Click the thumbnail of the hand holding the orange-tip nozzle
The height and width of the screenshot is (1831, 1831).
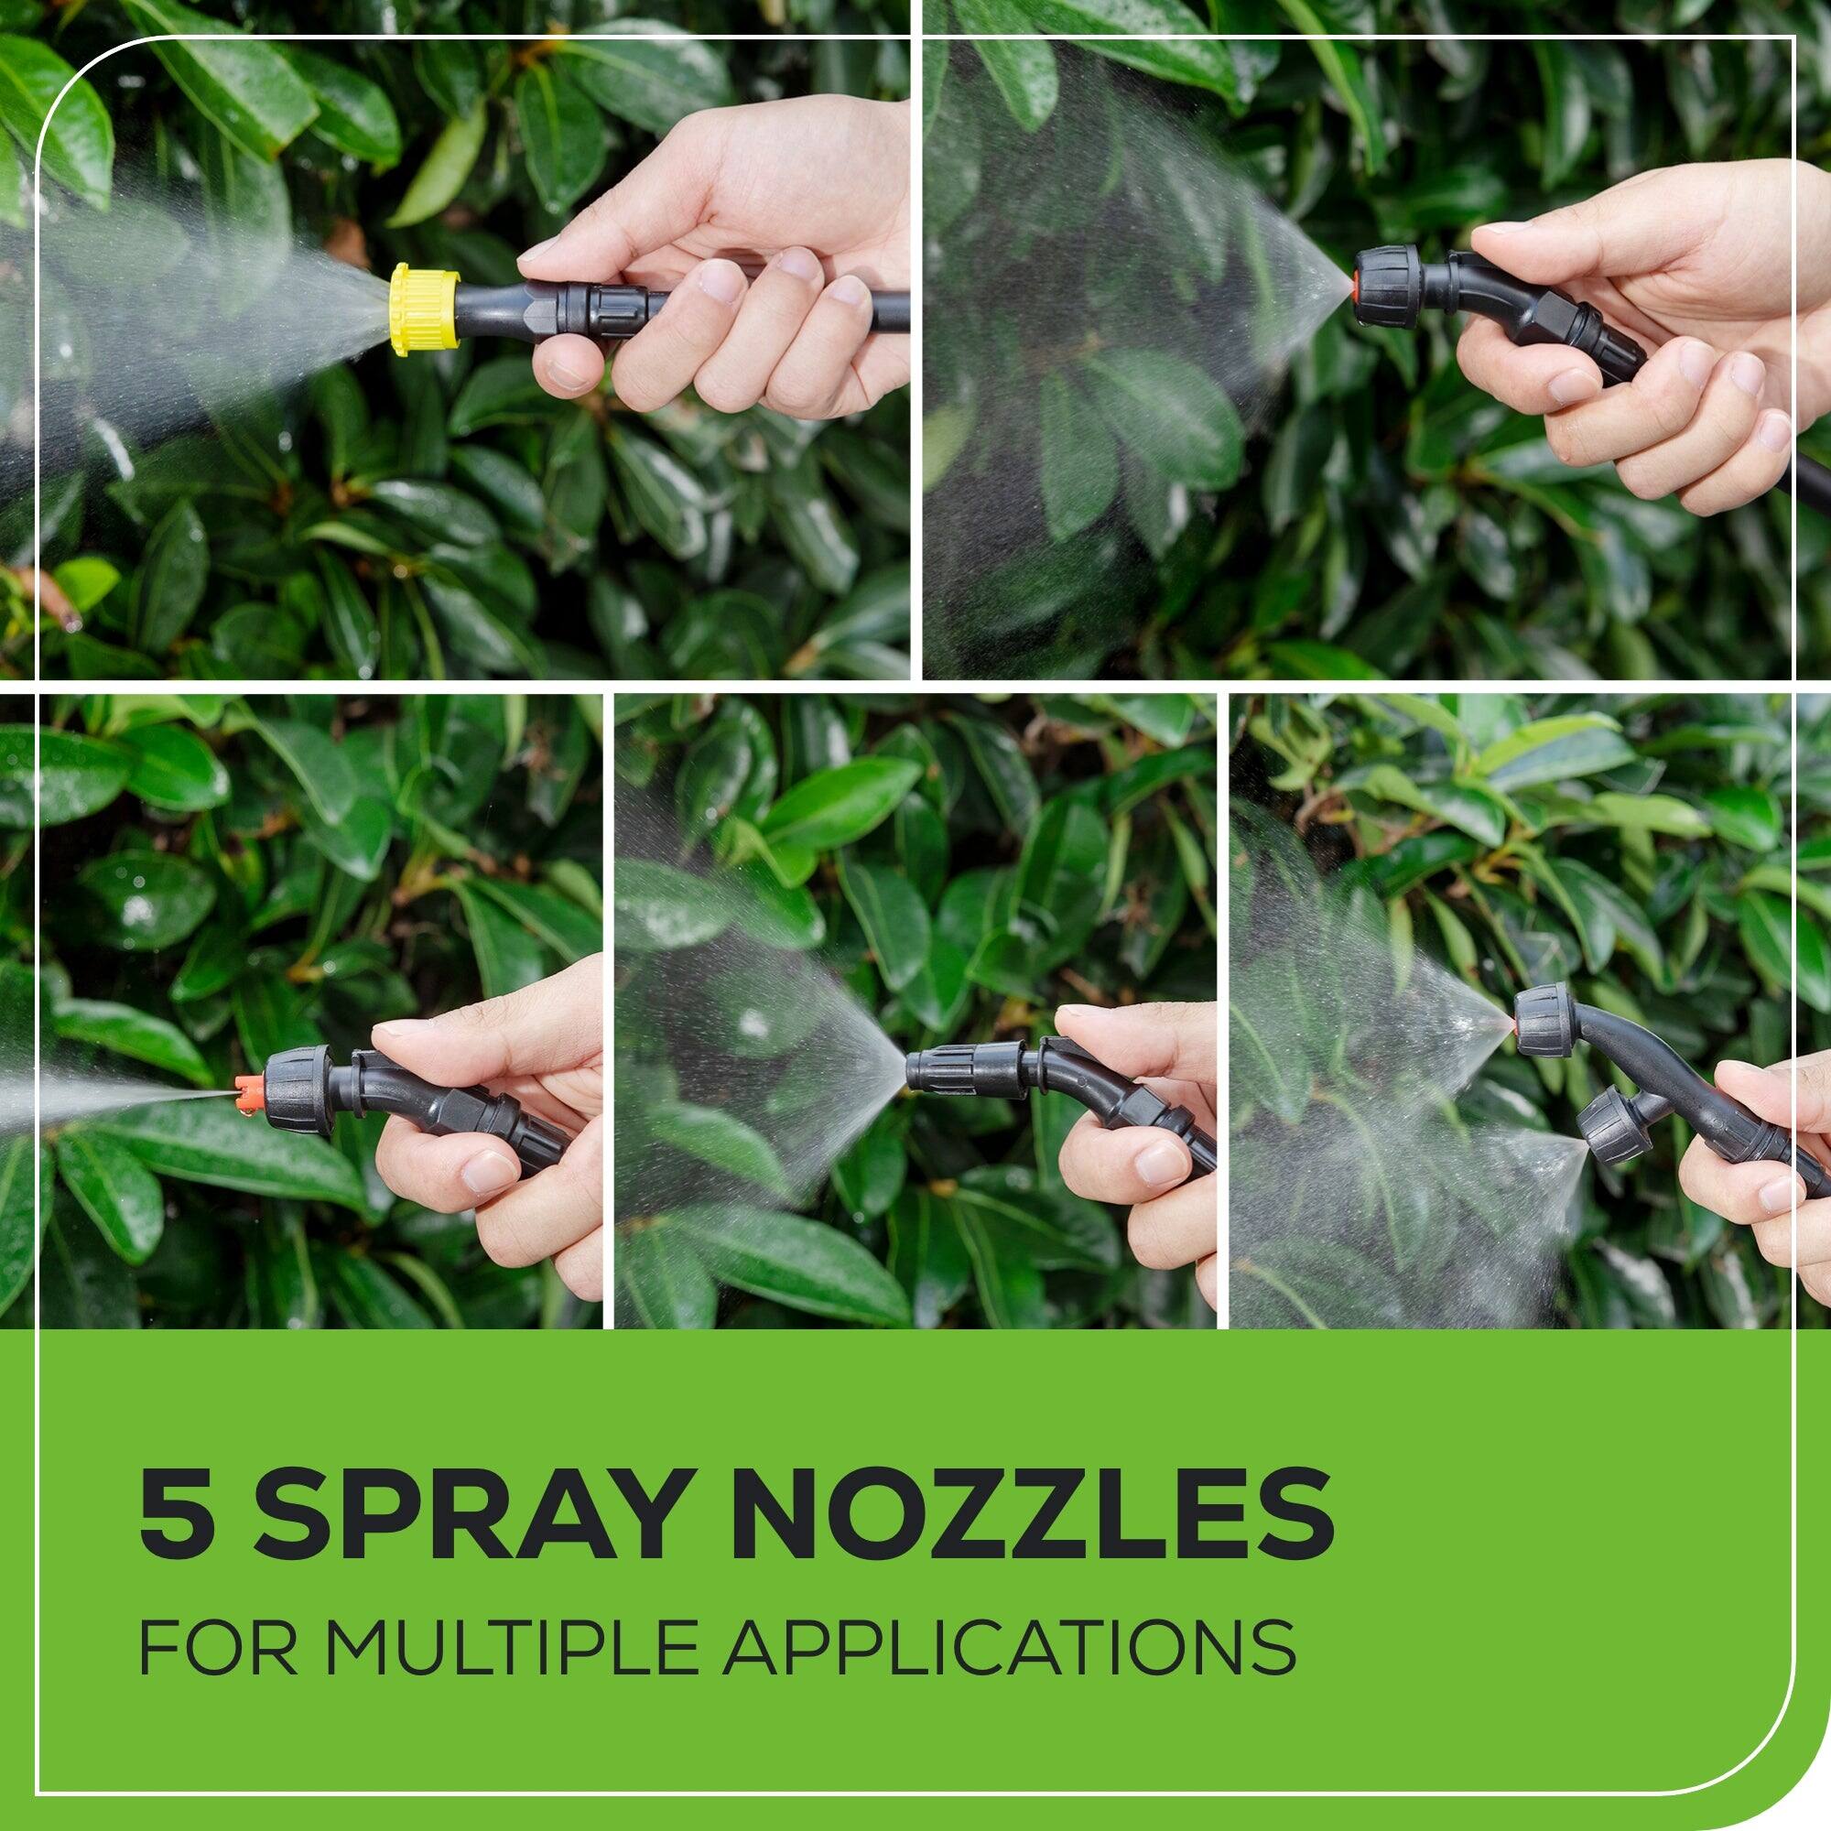point(404,1028)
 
